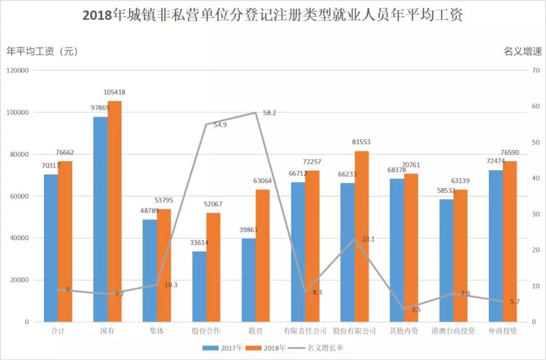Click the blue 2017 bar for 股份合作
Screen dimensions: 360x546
(x=199, y=286)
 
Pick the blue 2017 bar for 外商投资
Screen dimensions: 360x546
(x=495, y=246)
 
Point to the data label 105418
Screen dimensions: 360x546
(x=114, y=93)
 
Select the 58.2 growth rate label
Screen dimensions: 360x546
(x=269, y=113)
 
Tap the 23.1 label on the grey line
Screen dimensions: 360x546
(x=368, y=239)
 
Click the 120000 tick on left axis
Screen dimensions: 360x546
(x=18, y=71)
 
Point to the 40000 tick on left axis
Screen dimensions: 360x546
(x=20, y=238)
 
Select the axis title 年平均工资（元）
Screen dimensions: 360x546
(x=41, y=51)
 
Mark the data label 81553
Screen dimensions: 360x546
(x=361, y=142)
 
